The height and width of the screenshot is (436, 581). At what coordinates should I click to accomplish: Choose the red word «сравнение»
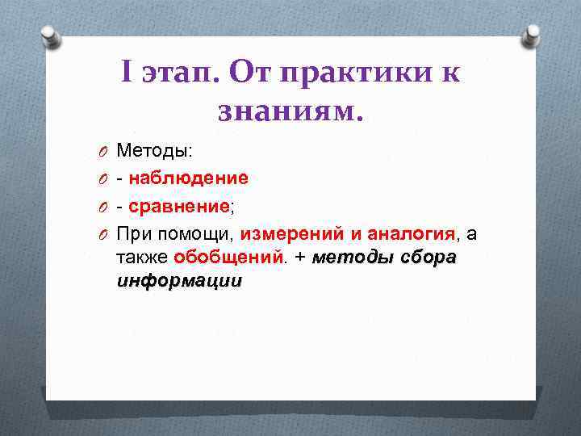pyautogui.click(x=178, y=206)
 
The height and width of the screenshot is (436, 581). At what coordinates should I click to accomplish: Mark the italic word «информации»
pyautogui.click(x=179, y=282)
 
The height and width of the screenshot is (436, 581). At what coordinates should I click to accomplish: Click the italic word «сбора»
pyautogui.click(x=428, y=258)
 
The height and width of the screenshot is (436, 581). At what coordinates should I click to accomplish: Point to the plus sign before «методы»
pyautogui.click(x=299, y=258)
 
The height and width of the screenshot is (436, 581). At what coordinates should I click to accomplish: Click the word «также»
pyautogui.click(x=142, y=258)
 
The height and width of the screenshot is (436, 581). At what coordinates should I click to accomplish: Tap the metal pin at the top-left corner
pyautogui.click(x=49, y=35)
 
